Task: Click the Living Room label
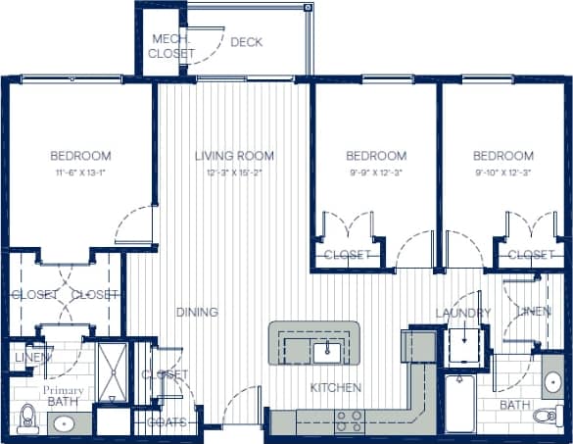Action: click(234, 155)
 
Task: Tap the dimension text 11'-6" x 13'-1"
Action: click(80, 173)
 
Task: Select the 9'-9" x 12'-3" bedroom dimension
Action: click(376, 173)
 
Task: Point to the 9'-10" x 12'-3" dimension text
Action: click(503, 173)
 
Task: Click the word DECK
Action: click(247, 42)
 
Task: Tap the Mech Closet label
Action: click(171, 46)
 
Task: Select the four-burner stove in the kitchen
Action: click(350, 420)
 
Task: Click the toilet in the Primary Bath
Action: click(27, 418)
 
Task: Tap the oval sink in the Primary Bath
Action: click(64, 424)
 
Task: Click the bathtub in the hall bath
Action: click(459, 403)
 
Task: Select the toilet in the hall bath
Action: click(547, 417)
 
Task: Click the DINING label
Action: click(197, 313)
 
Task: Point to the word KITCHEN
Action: click(336, 388)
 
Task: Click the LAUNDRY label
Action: click(463, 313)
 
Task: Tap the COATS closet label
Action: click(167, 422)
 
